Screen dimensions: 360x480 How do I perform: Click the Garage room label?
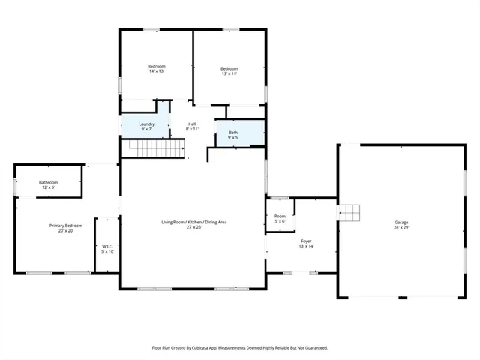(x=402, y=222)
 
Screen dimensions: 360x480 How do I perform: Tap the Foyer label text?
(x=306, y=241)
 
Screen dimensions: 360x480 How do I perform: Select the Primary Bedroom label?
(x=66, y=226)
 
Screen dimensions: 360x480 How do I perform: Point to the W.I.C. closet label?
(x=108, y=246)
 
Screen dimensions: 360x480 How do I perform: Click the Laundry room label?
(x=147, y=124)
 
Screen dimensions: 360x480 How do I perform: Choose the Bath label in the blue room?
(x=233, y=133)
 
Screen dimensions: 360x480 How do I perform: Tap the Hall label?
(x=192, y=124)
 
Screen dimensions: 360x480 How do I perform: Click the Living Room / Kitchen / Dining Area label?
(x=194, y=222)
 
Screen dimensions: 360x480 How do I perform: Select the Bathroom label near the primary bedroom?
(x=49, y=182)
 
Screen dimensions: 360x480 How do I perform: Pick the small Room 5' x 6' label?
(x=280, y=216)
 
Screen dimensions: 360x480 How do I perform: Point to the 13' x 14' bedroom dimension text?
(x=229, y=73)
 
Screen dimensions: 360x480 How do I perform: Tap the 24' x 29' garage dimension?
(x=402, y=227)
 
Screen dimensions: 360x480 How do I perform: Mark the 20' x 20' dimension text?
(x=66, y=231)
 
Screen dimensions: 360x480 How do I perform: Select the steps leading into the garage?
(x=349, y=213)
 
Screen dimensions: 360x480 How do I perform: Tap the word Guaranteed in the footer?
(x=313, y=348)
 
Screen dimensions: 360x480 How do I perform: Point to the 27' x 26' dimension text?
(x=194, y=227)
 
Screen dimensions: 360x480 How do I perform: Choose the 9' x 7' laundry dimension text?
(x=147, y=129)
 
